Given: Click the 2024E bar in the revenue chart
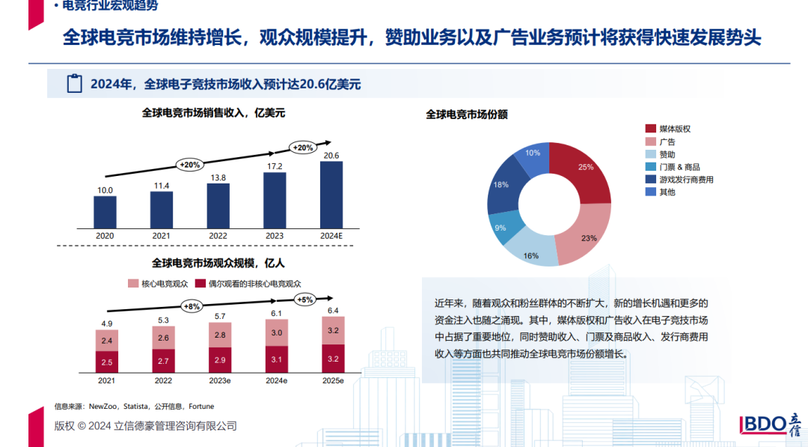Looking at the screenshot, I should (x=331, y=194).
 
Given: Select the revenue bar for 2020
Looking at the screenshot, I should (x=105, y=212).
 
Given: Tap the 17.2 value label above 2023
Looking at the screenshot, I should (x=275, y=165).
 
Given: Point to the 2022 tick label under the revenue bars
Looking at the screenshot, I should (x=218, y=236).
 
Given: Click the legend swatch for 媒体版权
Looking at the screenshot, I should (x=650, y=129).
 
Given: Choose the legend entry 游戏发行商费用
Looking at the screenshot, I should (x=685, y=180).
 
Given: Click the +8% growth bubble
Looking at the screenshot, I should (x=192, y=305).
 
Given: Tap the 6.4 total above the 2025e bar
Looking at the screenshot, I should (x=333, y=310).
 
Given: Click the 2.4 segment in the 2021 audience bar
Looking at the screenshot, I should (x=107, y=341).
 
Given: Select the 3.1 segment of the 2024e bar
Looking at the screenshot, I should (x=276, y=360).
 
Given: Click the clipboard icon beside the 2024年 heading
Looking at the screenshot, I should (x=74, y=84).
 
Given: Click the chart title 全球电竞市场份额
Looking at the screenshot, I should (x=467, y=115).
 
